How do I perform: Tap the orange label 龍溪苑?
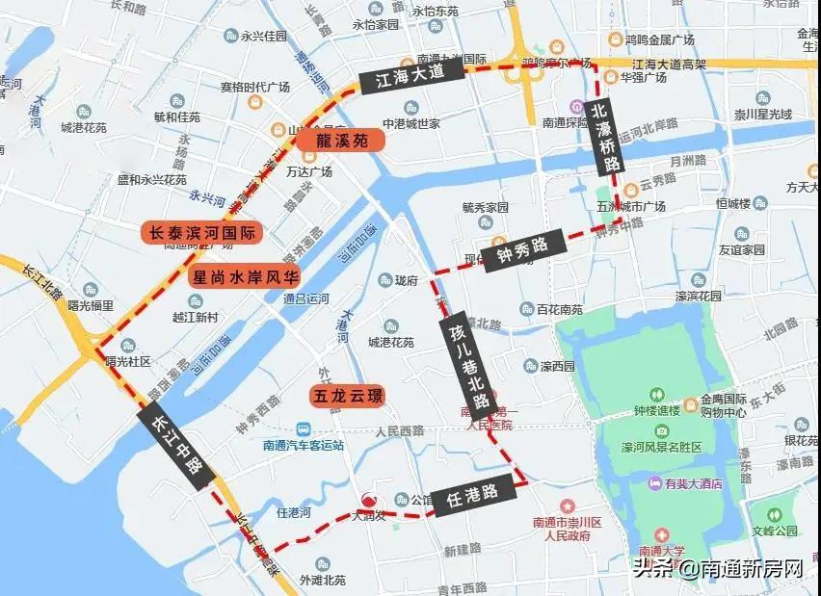(338, 141)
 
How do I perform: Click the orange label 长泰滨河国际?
(201, 232)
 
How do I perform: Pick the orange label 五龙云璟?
(346, 395)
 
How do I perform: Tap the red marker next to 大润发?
(367, 500)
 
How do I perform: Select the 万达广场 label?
(308, 171)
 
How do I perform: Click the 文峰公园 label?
(776, 530)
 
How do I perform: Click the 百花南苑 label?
(559, 309)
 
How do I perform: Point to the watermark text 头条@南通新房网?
(718, 568)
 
